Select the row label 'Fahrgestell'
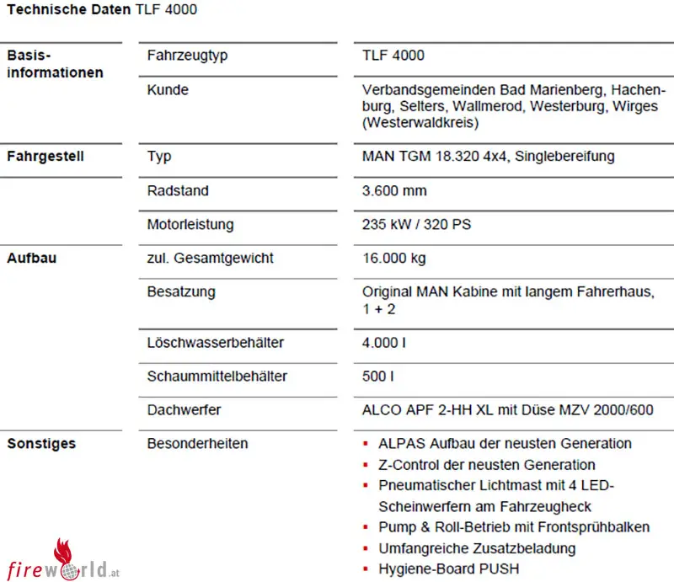point(45,157)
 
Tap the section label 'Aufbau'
point(31,258)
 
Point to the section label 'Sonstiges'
point(41,443)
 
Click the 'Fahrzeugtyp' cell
point(187,56)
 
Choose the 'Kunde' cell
point(168,89)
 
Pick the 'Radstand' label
point(177,190)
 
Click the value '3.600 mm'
point(394,190)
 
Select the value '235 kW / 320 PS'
point(415,225)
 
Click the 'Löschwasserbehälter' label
point(215,343)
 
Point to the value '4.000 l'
point(383,343)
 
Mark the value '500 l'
point(378,376)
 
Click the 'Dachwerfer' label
point(184,410)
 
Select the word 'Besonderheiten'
point(197,443)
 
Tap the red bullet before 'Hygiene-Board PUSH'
point(366,569)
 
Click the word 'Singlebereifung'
point(565,157)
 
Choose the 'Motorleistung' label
point(190,225)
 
